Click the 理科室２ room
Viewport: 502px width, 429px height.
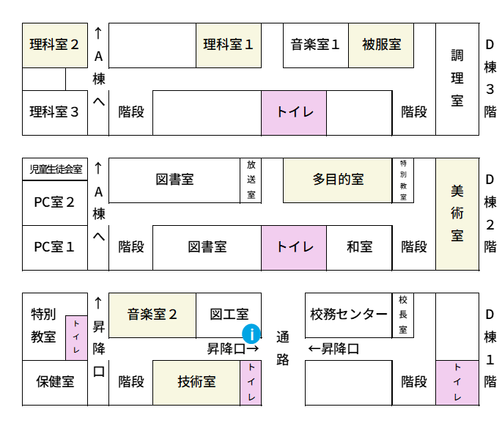tap(55, 45)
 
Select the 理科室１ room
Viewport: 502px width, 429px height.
tap(229, 45)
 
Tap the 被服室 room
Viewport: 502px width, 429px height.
tap(381, 45)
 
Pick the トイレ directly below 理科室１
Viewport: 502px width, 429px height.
tap(294, 113)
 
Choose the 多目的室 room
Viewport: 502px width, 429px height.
tap(337, 180)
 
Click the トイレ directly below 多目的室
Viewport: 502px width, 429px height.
tap(294, 248)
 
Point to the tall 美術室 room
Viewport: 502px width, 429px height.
tap(457, 214)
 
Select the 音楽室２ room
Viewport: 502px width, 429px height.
tap(152, 315)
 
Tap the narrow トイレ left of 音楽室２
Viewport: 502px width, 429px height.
tap(76, 338)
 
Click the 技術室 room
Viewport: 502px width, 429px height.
tap(196, 383)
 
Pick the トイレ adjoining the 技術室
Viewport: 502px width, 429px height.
tap(251, 383)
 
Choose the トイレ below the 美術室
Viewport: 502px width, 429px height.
tap(457, 383)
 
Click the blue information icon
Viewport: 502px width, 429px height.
tap(251, 334)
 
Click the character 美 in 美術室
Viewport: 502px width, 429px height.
tap(457, 191)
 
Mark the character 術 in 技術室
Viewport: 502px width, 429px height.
tap(196, 382)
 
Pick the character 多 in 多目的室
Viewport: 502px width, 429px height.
tap(320, 180)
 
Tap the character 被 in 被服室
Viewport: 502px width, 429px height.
tap(369, 45)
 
